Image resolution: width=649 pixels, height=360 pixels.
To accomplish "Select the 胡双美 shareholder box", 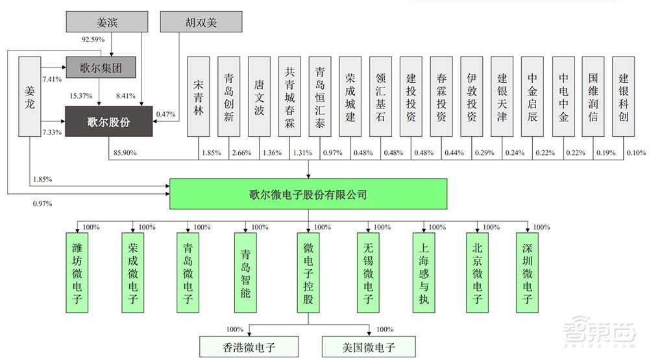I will click(x=201, y=21).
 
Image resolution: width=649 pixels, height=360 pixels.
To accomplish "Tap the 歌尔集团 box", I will click(x=103, y=67).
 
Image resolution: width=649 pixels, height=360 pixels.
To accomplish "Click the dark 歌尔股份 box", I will click(x=108, y=122).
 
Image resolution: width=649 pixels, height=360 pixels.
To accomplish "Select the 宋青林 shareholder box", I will click(x=199, y=97).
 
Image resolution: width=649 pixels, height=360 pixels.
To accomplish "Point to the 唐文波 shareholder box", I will click(x=260, y=97).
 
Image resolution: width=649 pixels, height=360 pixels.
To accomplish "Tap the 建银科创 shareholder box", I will click(x=624, y=97).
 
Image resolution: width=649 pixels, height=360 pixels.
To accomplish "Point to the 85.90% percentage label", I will click(x=125, y=153).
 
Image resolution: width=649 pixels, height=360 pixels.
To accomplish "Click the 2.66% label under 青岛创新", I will click(x=240, y=153).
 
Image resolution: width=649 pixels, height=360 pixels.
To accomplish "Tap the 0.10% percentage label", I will click(x=635, y=153).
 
